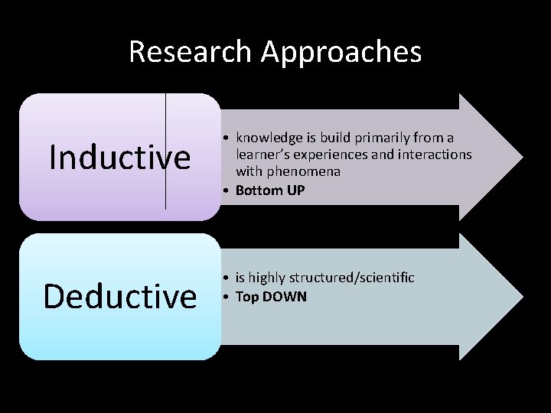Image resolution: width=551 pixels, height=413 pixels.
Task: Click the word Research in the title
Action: (191, 52)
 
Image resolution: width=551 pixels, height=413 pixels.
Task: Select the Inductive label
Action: (119, 158)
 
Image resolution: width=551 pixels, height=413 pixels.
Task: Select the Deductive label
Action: (120, 297)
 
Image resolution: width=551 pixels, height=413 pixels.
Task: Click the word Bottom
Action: (259, 190)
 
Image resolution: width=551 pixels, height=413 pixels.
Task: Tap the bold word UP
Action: (295, 190)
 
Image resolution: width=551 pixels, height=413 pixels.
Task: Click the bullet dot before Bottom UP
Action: (228, 190)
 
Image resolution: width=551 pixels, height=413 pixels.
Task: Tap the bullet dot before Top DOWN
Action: (228, 296)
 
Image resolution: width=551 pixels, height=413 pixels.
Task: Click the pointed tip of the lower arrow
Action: (522, 297)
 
